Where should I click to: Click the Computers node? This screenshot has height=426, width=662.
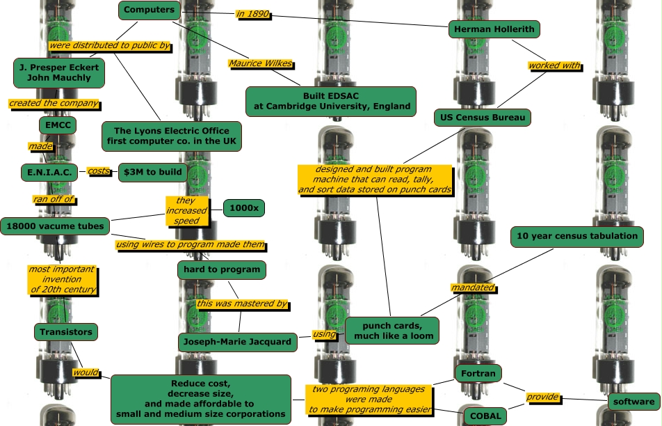click(150, 10)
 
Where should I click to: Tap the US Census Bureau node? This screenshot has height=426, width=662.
click(483, 118)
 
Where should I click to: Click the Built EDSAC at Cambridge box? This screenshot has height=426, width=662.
click(330, 101)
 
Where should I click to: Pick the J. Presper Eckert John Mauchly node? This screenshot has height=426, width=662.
click(59, 72)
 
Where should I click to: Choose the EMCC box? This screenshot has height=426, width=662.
click(57, 126)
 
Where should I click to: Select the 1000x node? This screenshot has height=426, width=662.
click(244, 208)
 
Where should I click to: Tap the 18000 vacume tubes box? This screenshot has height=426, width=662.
click(55, 226)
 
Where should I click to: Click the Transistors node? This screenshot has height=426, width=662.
click(66, 332)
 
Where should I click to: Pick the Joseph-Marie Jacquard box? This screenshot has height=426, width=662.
click(237, 342)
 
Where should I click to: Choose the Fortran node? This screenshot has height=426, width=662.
click(478, 374)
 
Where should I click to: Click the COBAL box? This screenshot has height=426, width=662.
click(485, 416)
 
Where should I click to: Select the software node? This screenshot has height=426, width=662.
click(633, 402)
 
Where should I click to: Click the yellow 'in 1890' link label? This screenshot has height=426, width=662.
click(252, 14)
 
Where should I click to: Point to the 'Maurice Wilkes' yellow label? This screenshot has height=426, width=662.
click(261, 64)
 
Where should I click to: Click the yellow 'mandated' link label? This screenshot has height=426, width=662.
click(473, 287)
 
